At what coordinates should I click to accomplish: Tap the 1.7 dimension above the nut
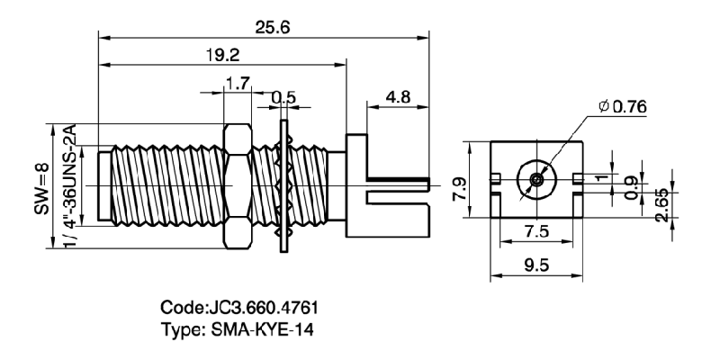pos(238,85)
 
